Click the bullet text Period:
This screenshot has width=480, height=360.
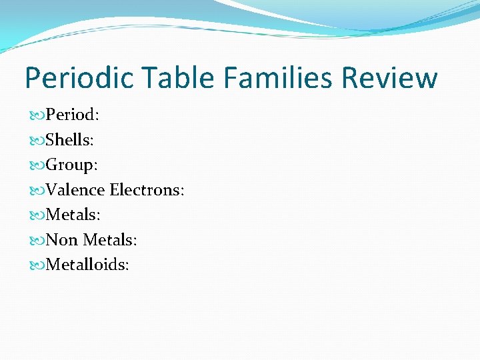pos(73,115)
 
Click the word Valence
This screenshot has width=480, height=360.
pos(75,190)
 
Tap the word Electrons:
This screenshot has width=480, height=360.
pos(147,190)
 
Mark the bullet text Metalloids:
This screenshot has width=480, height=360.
pos(87,265)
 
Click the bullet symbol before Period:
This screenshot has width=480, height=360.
pos(36,115)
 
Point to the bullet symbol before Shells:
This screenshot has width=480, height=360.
pos(36,140)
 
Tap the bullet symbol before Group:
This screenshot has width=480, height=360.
pos(36,165)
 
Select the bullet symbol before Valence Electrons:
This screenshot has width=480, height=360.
pos(36,191)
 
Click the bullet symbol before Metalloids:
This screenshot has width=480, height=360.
pos(36,265)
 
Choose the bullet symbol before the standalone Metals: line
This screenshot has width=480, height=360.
pos(36,215)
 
